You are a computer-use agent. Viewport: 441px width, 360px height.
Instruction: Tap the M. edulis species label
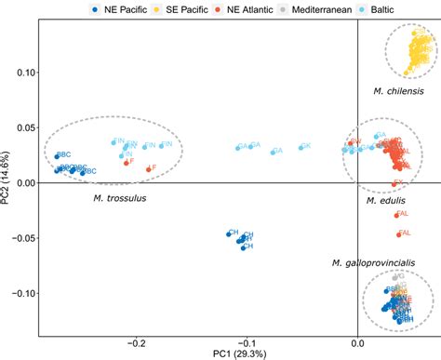(x=382, y=200)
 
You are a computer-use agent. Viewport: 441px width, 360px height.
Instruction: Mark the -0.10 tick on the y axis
(x=22, y=293)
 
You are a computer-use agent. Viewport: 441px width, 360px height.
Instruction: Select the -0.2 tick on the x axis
(x=136, y=341)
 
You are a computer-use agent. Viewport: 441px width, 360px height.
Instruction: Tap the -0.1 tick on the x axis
(x=247, y=341)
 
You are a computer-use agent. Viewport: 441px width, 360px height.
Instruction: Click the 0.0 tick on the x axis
(x=358, y=341)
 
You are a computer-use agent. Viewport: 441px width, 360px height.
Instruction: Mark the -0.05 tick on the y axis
(x=22, y=238)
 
